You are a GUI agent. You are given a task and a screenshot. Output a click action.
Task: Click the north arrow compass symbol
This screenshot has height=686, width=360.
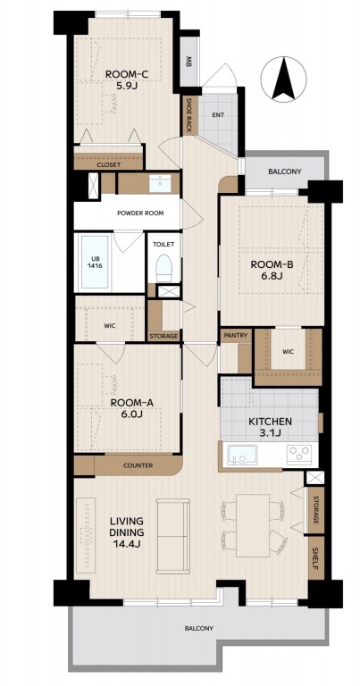pyautogui.click(x=283, y=79)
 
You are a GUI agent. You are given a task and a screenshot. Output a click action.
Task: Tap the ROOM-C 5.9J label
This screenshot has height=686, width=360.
pyautogui.click(x=127, y=79)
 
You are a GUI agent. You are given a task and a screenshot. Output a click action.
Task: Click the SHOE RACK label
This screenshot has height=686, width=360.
pyautogui.click(x=190, y=115)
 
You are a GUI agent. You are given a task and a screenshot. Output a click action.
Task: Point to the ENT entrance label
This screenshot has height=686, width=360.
pyautogui.click(x=218, y=115)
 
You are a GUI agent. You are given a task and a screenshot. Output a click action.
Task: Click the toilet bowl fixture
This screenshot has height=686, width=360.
pyautogui.click(x=164, y=267)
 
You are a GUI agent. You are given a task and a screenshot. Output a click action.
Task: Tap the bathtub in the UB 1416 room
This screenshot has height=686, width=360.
pyautogui.click(x=95, y=262)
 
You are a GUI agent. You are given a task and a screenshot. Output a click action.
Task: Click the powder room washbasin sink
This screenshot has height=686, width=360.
pyautogui.click(x=160, y=183)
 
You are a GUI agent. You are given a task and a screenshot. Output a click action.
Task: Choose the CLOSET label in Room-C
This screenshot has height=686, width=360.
pyautogui.click(x=108, y=165)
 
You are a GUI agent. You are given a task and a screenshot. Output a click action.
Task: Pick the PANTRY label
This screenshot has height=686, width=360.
pyautogui.click(x=236, y=336)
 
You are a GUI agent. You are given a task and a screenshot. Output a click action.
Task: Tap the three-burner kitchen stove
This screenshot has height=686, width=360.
pyautogui.click(x=299, y=455)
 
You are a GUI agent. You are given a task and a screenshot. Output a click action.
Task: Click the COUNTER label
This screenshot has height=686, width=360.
pyautogui.click(x=138, y=465)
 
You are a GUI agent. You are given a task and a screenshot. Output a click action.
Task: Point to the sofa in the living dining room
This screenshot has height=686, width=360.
pyautogui.click(x=173, y=536)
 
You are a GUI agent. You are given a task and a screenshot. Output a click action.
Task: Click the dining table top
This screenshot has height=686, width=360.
pyautogui.click(x=253, y=525)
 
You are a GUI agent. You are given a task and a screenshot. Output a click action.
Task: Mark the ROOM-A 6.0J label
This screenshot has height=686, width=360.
pyautogui.click(x=132, y=407)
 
